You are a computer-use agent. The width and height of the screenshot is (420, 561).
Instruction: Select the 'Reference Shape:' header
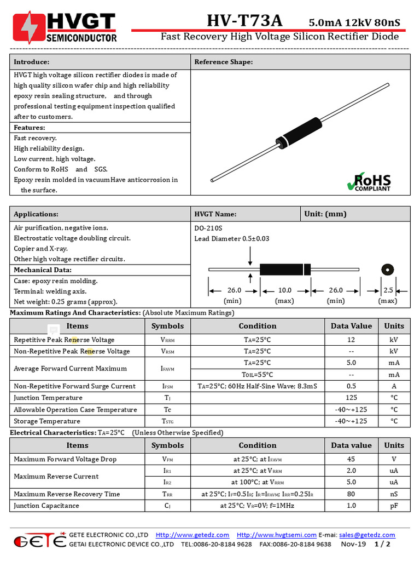[x=224, y=62]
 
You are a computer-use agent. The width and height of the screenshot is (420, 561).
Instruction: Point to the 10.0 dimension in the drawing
[x=285, y=290]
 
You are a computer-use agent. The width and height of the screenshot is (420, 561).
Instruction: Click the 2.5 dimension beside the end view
[x=388, y=290]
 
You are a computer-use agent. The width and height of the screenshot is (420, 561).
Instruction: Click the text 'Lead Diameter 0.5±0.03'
[x=232, y=239]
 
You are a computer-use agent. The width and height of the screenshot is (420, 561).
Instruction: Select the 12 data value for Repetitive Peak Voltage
[x=351, y=340]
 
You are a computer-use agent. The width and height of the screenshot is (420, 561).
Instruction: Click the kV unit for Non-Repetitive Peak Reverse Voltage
[x=394, y=351]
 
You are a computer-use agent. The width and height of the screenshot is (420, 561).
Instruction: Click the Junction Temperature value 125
[x=351, y=398]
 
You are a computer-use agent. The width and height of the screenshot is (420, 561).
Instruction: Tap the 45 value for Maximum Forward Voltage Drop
[x=351, y=459]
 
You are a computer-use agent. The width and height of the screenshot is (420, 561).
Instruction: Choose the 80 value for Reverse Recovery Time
[x=351, y=494]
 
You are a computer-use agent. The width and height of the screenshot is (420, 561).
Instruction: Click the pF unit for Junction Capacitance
[x=394, y=506]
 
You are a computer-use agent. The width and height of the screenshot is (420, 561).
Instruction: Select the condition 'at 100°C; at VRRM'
[x=258, y=482]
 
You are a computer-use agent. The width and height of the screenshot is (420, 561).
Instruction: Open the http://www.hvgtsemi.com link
[x=277, y=535]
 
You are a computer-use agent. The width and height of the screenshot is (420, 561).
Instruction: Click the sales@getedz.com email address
[x=367, y=535]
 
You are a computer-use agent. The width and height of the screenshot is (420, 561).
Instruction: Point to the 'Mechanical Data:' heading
[x=43, y=270]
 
